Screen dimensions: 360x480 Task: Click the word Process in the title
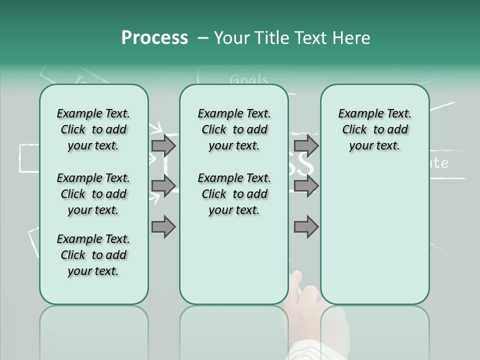(x=154, y=38)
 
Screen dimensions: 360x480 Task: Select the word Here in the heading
(x=349, y=38)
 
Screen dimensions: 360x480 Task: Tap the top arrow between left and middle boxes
(x=163, y=145)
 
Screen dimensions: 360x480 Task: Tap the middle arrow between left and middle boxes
(x=163, y=186)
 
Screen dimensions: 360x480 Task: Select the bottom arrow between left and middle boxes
(x=163, y=227)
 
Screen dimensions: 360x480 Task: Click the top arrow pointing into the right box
(x=306, y=145)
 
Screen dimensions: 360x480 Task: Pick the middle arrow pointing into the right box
(x=306, y=186)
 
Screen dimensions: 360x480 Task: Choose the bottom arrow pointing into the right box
(x=306, y=227)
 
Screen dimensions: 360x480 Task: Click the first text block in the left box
(x=93, y=129)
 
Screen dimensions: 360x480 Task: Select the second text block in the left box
(x=93, y=194)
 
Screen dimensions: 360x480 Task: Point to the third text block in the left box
(x=93, y=255)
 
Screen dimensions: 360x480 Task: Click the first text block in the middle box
(x=234, y=129)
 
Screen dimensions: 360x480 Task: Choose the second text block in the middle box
(x=234, y=194)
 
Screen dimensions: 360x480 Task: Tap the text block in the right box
(x=374, y=129)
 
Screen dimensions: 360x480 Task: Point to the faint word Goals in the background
(x=249, y=79)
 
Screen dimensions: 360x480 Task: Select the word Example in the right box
(x=357, y=113)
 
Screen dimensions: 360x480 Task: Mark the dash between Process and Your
(x=202, y=38)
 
